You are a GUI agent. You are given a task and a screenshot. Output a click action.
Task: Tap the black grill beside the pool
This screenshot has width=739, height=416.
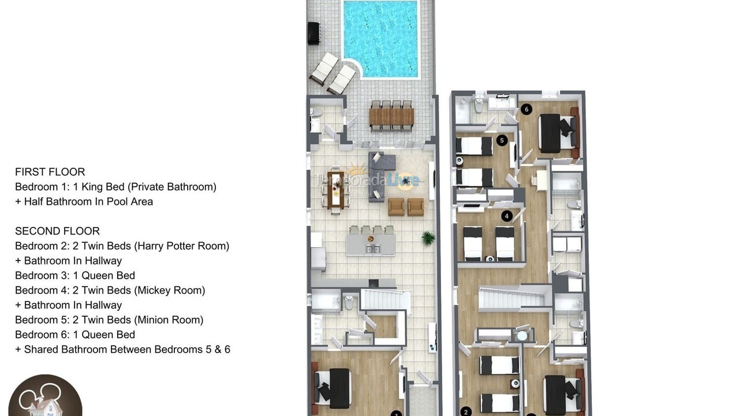pos(313,33)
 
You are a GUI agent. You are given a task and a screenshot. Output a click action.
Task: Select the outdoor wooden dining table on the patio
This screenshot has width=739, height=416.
pos(391,117)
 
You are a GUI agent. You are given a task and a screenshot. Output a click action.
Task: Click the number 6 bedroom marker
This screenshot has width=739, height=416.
pos(525,109)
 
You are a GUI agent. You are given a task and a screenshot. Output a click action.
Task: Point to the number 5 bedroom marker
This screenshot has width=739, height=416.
pos(502,140)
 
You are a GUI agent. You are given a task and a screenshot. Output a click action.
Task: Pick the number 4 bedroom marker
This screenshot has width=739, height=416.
pos(507,216)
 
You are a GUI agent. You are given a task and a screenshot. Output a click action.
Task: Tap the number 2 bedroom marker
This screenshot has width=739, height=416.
pos(466,411)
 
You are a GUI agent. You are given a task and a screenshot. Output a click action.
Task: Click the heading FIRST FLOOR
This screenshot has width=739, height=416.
pos(50,172)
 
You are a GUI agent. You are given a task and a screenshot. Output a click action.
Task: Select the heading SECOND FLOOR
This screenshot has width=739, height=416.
pos(57,231)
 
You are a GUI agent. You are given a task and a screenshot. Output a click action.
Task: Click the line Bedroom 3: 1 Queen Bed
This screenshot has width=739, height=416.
pos(75,276)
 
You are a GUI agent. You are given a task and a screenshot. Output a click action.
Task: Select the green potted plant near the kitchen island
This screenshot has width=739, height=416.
pos(428,237)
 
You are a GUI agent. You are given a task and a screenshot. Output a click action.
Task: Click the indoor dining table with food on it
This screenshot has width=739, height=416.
pos(335,190)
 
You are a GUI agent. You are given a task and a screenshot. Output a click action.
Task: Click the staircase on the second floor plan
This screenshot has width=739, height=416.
pos(511,298)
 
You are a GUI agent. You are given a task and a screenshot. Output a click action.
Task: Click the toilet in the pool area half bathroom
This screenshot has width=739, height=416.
pos(316,112)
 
